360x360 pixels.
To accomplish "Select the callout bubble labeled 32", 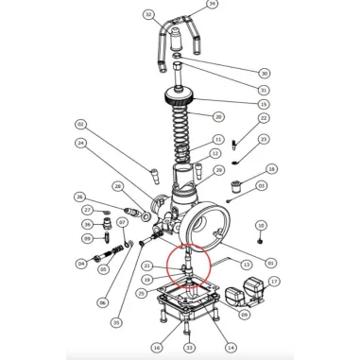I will click(148, 16).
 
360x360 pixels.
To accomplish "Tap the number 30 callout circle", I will click(264, 73).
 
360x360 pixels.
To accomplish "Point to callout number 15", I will click(264, 103).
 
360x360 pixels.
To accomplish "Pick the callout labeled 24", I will click(82, 144).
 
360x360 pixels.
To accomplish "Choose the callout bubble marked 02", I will click(81, 124).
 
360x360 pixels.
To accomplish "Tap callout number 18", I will click(272, 169).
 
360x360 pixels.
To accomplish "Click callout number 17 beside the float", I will click(274, 281).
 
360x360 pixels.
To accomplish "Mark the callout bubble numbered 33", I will click(189, 348).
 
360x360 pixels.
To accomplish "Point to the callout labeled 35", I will click(116, 322).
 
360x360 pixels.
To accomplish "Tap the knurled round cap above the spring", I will click(178, 98).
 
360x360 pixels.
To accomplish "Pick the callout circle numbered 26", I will click(80, 197).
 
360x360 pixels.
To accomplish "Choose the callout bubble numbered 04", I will click(81, 263).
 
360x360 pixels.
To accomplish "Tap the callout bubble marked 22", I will click(264, 118).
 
